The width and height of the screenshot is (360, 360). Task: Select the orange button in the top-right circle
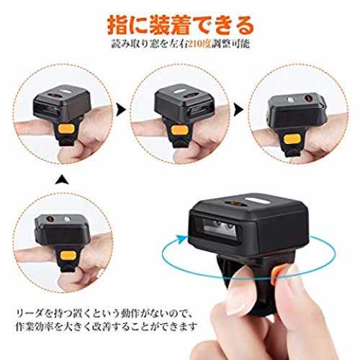pos(292,139)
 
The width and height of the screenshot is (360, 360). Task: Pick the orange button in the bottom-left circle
pos(68,256)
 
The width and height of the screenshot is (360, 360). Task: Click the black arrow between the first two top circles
pos(121,109)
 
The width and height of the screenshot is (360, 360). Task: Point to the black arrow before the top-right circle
pos(238,109)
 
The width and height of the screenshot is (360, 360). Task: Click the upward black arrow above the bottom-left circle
pos(62,180)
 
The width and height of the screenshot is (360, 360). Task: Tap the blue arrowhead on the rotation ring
pos(181,239)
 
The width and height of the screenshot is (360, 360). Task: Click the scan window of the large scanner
pos(220,228)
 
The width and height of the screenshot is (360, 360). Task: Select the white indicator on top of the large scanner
pos(254,200)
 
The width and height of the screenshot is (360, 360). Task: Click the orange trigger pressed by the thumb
pos(276,274)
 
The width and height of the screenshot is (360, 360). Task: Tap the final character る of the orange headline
pos(243,25)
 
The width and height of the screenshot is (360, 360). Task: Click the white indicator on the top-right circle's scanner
pos(290,99)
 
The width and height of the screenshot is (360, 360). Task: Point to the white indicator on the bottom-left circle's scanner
pos(66,219)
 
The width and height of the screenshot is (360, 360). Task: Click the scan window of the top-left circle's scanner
pos(45,110)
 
